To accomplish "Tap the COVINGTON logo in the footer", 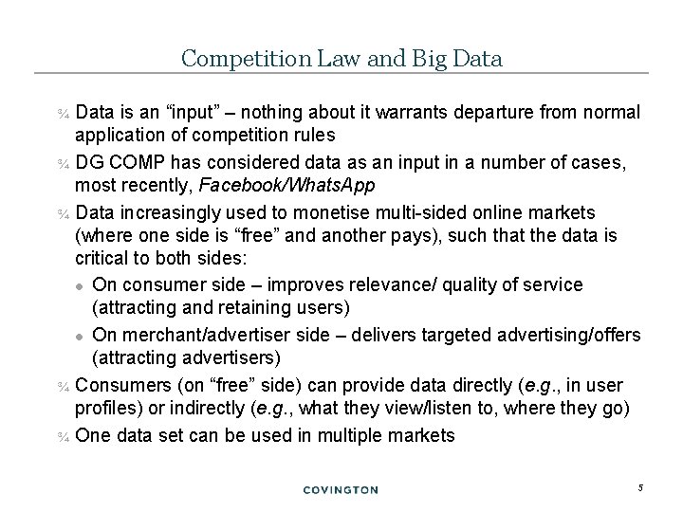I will pos(341,489).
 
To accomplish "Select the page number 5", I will pos(640,487).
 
